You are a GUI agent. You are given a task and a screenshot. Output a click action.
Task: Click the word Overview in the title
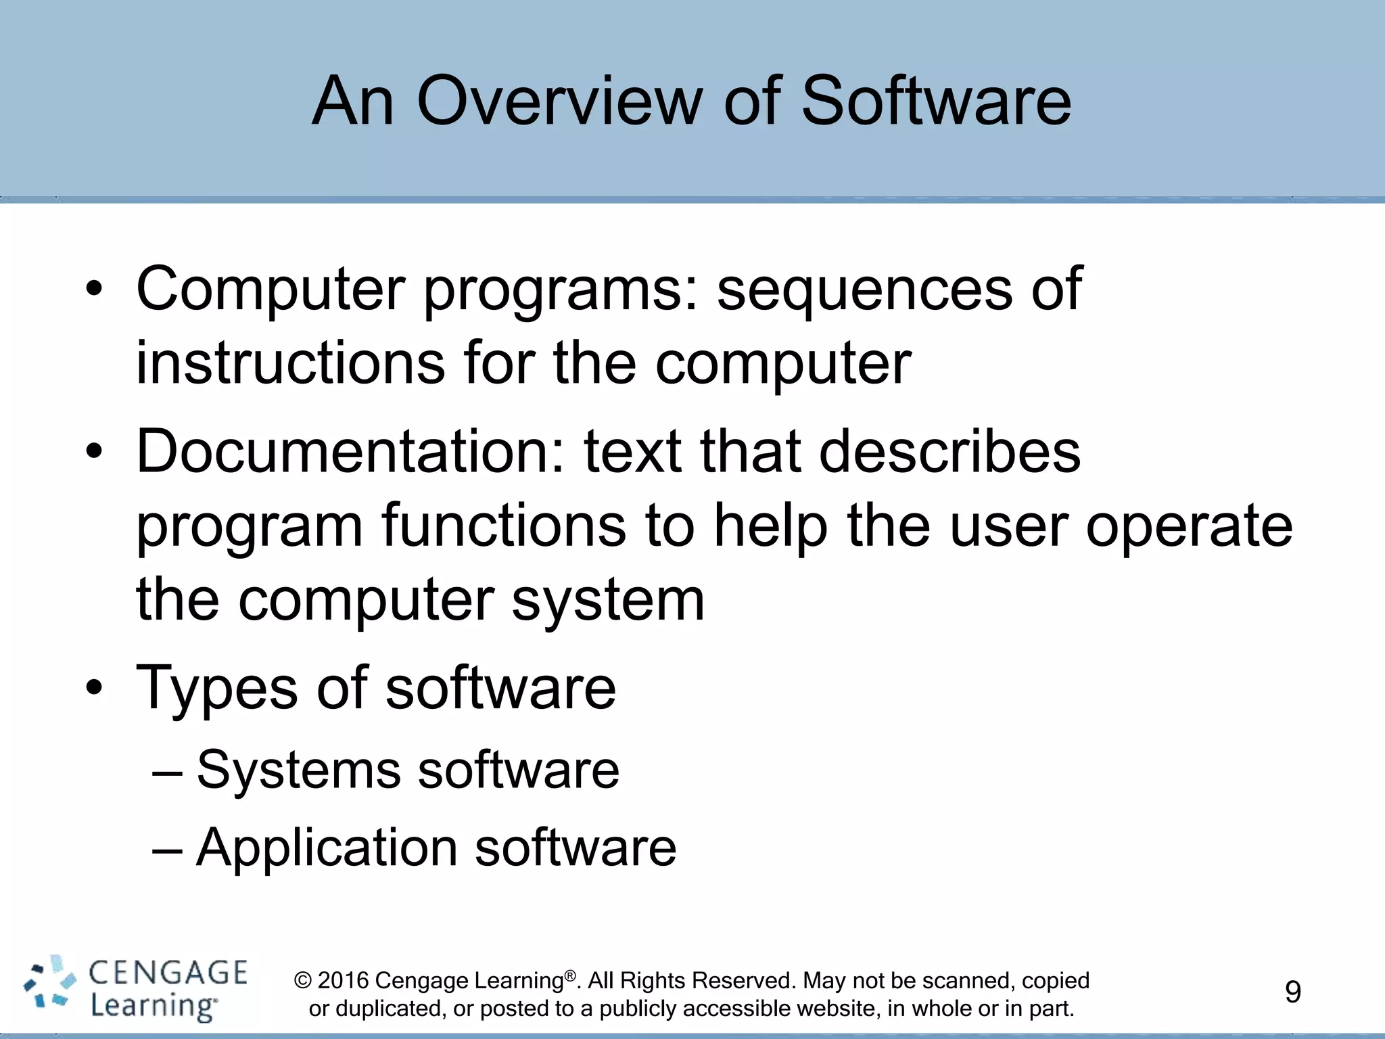559,101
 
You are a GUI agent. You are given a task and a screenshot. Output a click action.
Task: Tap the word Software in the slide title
936,101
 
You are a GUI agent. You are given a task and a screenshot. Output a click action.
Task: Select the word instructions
291,363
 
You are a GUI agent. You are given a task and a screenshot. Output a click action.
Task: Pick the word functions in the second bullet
503,526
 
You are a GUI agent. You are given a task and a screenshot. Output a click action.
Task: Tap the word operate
1189,528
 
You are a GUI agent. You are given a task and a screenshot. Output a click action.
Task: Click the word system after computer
607,601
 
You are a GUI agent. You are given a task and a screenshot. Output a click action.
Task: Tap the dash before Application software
167,849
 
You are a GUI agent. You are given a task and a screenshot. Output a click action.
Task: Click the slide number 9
1292,992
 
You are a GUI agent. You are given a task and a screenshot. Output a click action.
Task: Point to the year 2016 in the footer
343,981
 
